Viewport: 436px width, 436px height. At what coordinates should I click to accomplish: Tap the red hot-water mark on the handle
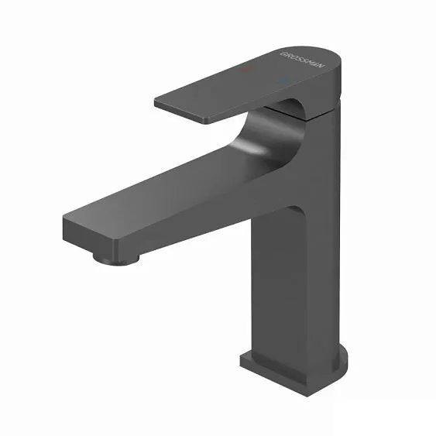pos(248,70)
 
